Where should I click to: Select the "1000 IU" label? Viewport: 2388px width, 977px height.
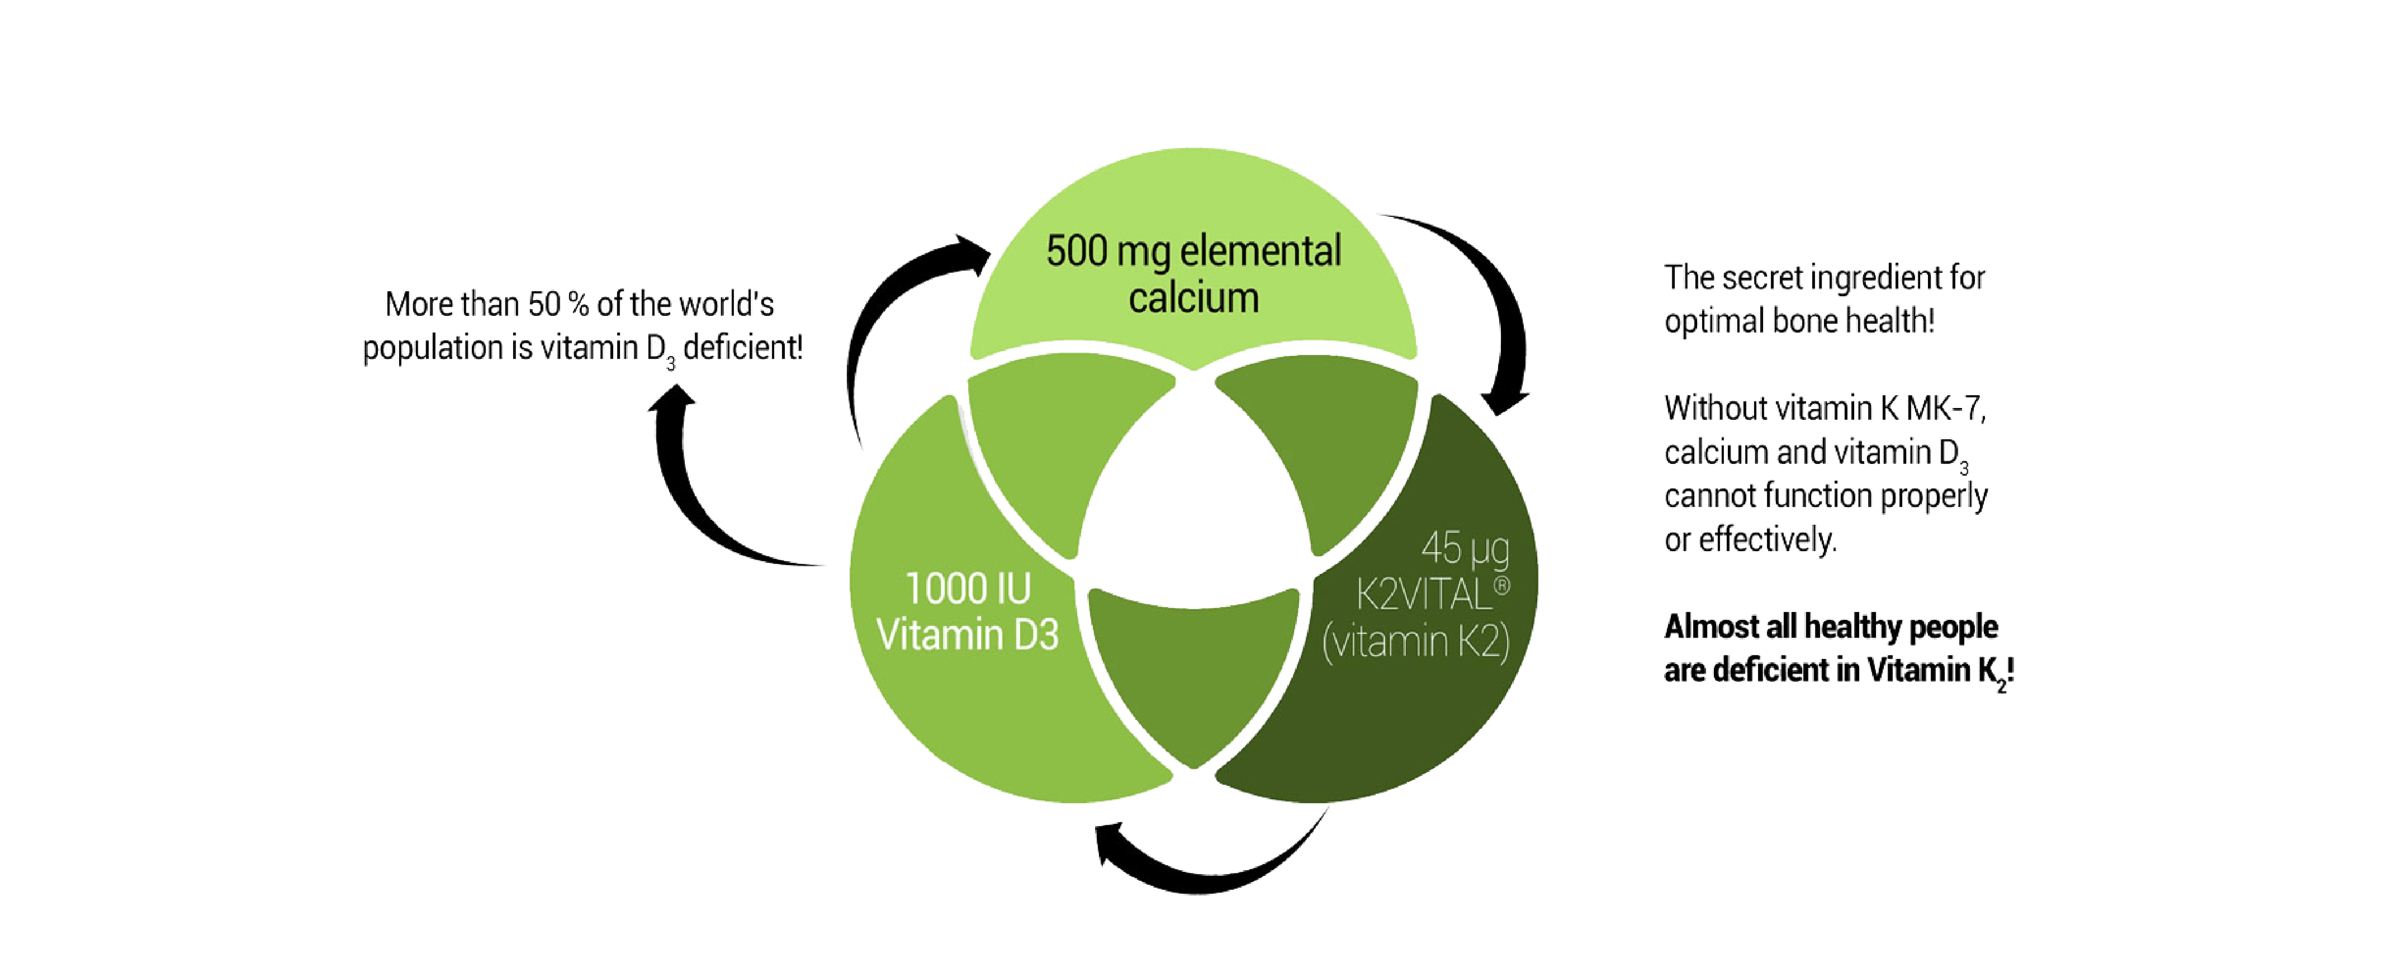click(968, 589)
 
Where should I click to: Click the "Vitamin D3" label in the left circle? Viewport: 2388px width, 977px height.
click(968, 635)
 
